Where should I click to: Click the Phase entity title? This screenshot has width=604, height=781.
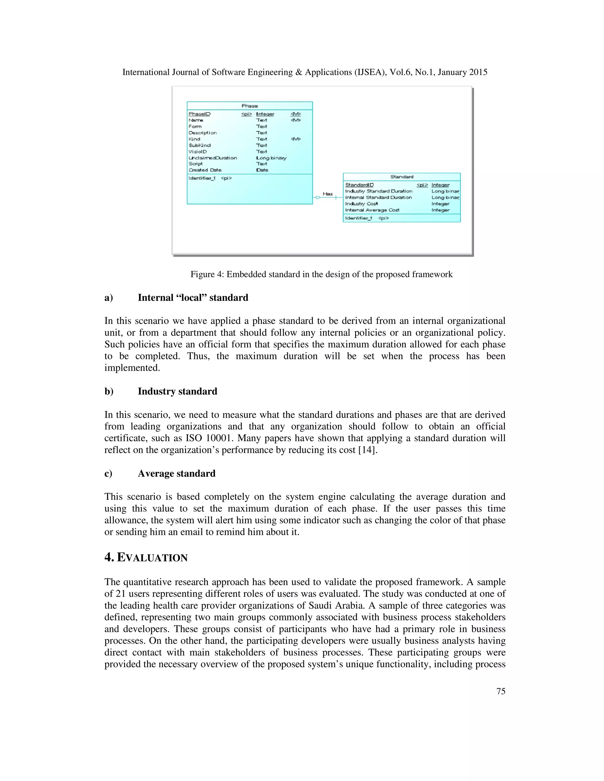(x=250, y=106)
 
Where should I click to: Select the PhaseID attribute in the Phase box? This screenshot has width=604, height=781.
(x=199, y=114)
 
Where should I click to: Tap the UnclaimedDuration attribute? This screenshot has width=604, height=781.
(x=213, y=158)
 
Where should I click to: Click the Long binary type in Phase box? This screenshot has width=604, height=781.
(x=271, y=158)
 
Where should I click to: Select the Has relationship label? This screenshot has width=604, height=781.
(x=327, y=194)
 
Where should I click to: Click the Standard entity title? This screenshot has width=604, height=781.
(x=401, y=177)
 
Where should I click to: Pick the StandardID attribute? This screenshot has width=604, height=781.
(x=359, y=185)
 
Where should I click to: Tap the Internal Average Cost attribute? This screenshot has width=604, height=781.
(x=372, y=210)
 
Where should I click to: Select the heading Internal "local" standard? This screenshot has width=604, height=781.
(x=193, y=298)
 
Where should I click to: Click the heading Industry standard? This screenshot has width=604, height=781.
(x=178, y=391)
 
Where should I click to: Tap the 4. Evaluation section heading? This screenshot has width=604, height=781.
(x=146, y=558)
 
